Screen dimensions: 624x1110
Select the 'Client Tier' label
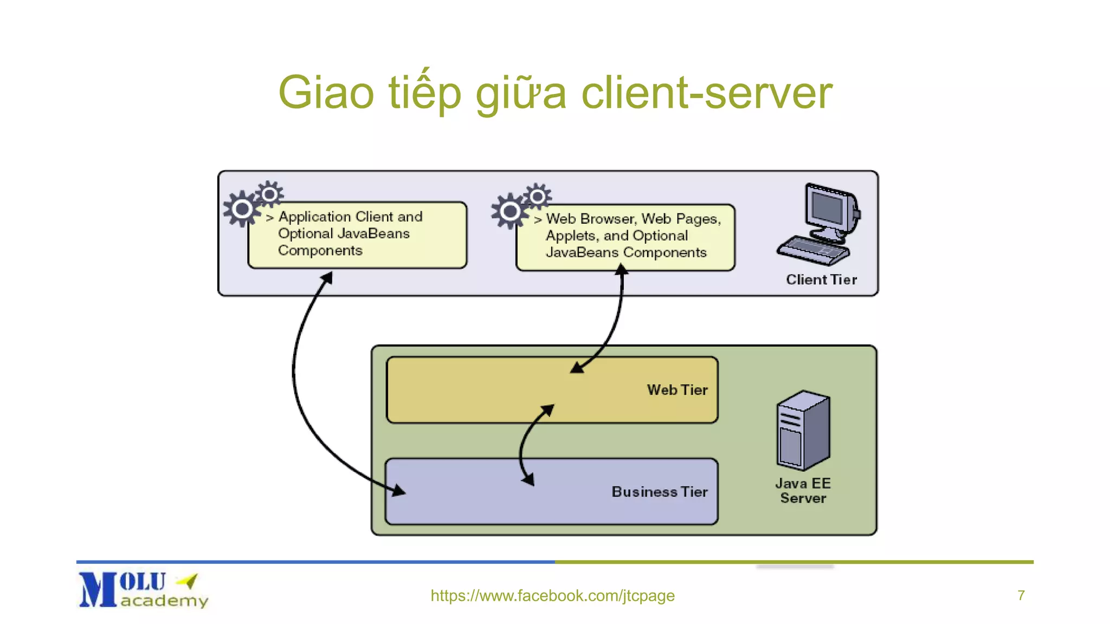tap(821, 279)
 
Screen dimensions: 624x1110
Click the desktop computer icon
tap(819, 224)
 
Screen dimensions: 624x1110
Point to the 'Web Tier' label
tap(677, 390)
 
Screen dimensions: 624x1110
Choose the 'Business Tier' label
tap(659, 492)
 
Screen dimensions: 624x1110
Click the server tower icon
tap(803, 430)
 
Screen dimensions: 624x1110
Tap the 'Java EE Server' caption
tap(803, 491)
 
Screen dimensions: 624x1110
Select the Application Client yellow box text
tap(350, 233)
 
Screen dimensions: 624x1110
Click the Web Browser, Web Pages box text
tap(633, 236)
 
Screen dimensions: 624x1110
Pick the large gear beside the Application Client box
tap(242, 209)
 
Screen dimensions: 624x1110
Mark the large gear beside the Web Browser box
tap(509, 211)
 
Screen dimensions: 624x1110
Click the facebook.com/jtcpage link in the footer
tap(552, 596)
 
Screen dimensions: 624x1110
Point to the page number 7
tap(1021, 596)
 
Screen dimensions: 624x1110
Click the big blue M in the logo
tap(98, 590)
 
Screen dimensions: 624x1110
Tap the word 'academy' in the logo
tap(164, 601)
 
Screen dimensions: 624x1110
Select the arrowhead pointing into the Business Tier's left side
tap(399, 490)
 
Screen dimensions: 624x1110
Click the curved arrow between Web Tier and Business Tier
tap(522, 444)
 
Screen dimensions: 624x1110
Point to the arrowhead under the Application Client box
tap(326, 278)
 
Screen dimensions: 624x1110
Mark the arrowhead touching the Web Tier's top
tap(577, 368)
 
